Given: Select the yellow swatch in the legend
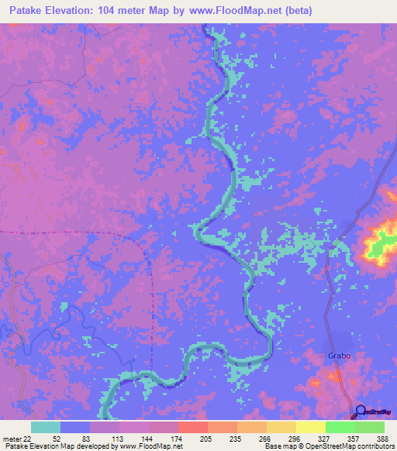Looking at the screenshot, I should point(310,427).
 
